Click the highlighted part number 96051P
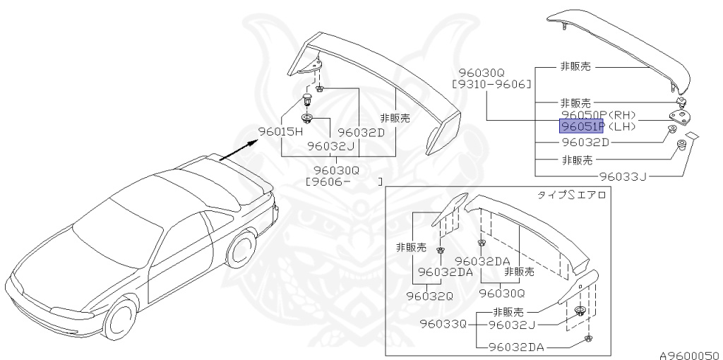pyautogui.click(x=581, y=127)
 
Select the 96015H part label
pyautogui.click(x=280, y=131)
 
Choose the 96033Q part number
pyautogui.click(x=443, y=324)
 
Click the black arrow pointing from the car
pyautogui.click(x=237, y=150)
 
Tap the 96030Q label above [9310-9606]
pyautogui.click(x=481, y=73)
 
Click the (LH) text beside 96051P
pyautogui.click(x=623, y=127)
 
